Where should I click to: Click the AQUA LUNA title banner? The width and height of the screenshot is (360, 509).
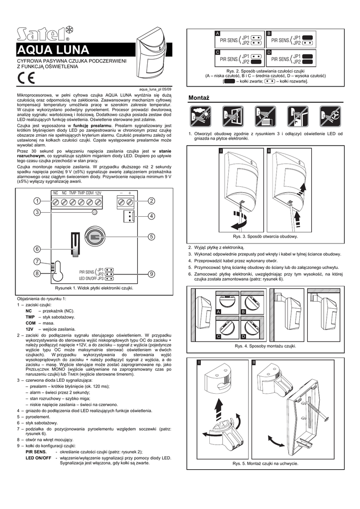(x=54, y=50)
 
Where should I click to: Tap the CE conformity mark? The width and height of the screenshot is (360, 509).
(x=26, y=78)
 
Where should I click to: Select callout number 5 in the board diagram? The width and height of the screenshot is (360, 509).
(x=152, y=236)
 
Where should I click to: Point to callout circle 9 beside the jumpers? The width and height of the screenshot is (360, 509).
(x=152, y=273)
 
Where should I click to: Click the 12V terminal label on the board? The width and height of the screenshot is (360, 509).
(x=98, y=192)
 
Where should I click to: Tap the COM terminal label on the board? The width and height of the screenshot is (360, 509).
(x=90, y=192)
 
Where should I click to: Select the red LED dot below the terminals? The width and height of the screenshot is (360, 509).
(x=94, y=213)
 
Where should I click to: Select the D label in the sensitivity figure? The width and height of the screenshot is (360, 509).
(x=269, y=52)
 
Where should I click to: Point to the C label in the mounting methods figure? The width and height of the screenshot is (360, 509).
(x=218, y=337)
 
